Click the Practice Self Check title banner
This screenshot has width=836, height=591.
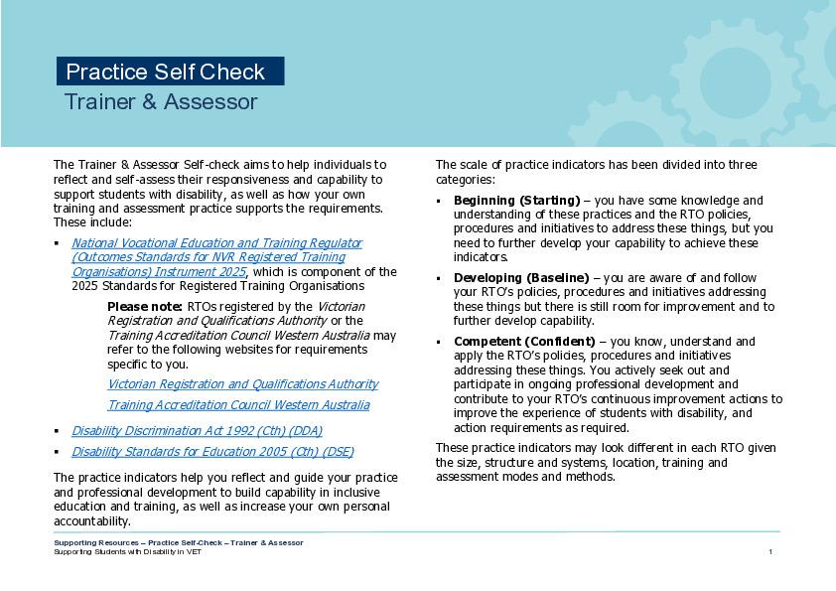[x=170, y=72]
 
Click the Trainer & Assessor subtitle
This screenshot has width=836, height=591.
[x=161, y=102]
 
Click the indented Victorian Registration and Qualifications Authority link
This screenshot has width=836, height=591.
[x=242, y=384]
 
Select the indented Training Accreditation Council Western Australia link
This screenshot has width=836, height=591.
[x=238, y=405]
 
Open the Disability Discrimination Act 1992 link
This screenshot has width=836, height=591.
[x=197, y=431]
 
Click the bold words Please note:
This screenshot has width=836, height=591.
[x=145, y=307]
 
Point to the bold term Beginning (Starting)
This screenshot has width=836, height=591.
[x=516, y=201]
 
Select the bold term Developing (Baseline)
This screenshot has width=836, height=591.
[x=520, y=278]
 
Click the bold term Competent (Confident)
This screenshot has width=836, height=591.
[x=524, y=342]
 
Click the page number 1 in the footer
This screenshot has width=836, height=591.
[x=770, y=552]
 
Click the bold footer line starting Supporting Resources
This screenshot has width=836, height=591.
[x=179, y=543]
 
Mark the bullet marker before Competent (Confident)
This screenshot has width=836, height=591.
[x=440, y=342]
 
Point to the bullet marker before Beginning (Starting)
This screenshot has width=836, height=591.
[x=440, y=201]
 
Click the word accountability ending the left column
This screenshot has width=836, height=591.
[x=91, y=521]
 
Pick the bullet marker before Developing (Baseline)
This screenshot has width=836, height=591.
[x=440, y=278]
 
